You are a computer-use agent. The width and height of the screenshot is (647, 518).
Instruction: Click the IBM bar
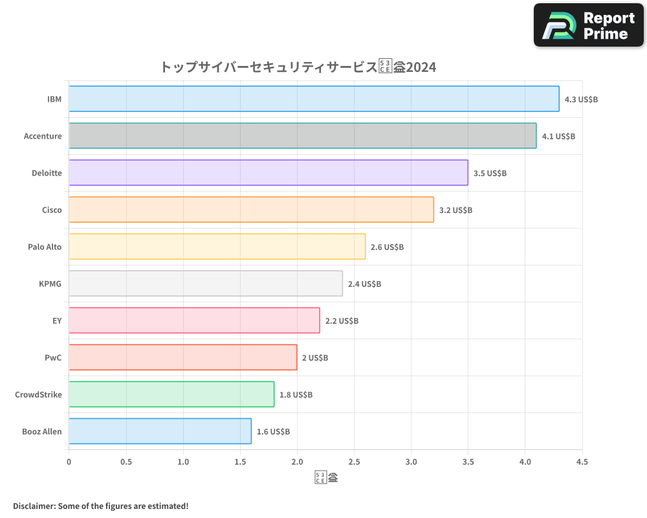point(314,99)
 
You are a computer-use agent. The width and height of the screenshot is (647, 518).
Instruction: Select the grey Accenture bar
point(302,136)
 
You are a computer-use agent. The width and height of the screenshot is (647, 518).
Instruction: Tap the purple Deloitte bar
point(268,173)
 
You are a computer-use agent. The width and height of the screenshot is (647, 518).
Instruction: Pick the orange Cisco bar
point(251,210)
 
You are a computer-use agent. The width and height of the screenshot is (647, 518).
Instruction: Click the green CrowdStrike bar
point(171,394)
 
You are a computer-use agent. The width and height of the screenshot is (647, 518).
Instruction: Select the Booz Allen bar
point(160,431)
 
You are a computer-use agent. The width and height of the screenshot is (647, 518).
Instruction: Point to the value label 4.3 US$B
point(581,100)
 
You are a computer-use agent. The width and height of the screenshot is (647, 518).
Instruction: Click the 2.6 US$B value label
point(387,247)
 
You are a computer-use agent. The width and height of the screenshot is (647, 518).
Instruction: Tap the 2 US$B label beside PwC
point(315,358)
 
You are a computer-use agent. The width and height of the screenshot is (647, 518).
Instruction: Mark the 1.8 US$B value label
point(296,395)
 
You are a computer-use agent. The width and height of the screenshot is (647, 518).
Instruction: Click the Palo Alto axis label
point(45,247)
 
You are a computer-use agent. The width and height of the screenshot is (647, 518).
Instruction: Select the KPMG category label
point(50,284)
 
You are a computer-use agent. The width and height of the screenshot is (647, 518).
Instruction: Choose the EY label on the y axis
point(57,321)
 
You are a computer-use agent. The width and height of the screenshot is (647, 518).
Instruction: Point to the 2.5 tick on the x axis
point(354,462)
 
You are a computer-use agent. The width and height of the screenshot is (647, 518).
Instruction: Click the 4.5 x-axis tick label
point(582,462)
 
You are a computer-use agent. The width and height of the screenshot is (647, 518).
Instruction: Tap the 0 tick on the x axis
point(69,462)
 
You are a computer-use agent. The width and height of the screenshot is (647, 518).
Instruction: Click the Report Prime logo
point(588,25)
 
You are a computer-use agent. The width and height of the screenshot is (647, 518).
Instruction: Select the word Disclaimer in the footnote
point(34,506)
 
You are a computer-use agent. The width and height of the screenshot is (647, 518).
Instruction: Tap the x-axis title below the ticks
point(326,479)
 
